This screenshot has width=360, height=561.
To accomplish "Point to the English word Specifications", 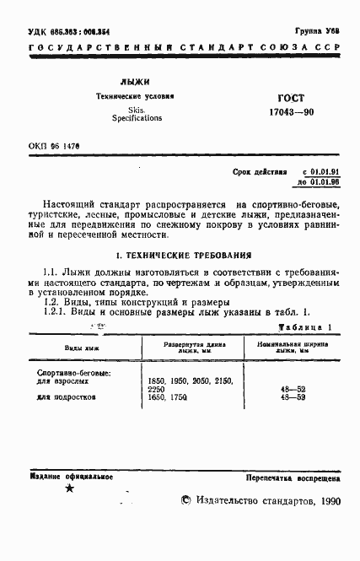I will point(137,119).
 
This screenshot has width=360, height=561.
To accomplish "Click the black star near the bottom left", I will point(70,488).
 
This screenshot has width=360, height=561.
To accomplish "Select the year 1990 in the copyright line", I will point(324,500).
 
